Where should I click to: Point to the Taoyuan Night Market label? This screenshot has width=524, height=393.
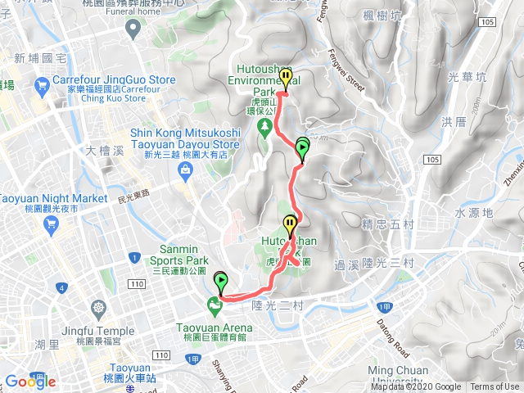(52, 198)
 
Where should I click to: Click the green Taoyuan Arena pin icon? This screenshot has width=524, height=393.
(215, 307)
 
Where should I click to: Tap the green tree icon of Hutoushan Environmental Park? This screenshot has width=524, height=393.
(264, 126)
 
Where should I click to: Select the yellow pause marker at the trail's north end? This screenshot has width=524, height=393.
(286, 78)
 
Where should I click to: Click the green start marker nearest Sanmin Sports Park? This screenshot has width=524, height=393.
(221, 282)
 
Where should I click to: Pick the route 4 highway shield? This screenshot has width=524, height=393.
(61, 287)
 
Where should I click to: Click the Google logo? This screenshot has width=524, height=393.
(30, 381)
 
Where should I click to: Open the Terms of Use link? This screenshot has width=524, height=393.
(495, 387)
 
